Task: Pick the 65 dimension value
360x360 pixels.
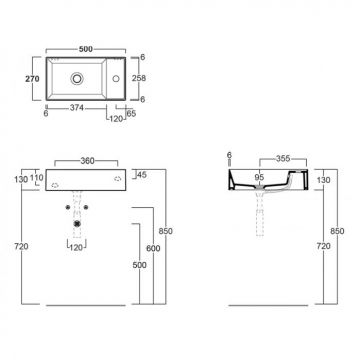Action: point(130,114)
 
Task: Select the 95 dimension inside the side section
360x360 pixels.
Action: point(260,178)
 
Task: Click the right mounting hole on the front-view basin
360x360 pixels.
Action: point(119,180)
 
